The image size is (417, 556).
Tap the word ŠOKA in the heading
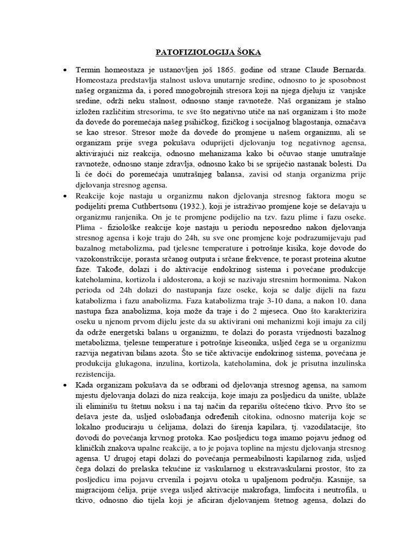point(245,52)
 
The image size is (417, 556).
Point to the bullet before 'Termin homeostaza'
point(66,71)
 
